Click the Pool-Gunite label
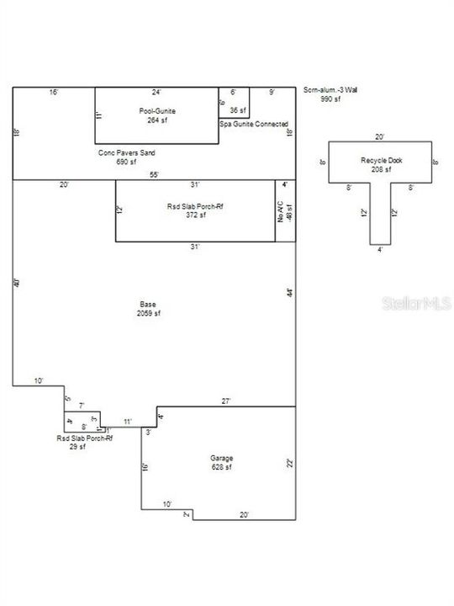[156, 111]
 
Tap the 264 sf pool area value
[156, 120]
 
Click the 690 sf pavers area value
[127, 162]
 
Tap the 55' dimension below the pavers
[154, 175]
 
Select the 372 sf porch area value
[196, 215]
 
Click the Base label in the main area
[148, 305]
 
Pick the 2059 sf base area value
[148, 313]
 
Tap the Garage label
[222, 459]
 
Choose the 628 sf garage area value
[222, 467]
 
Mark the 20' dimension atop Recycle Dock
[380, 137]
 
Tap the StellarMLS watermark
[418, 301]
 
